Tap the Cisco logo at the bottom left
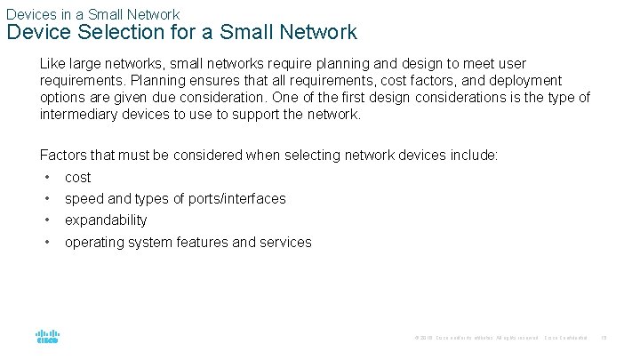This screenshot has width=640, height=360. point(47,337)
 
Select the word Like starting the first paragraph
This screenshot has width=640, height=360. point(52,64)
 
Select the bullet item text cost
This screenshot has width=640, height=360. point(78,178)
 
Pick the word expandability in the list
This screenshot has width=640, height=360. point(106,220)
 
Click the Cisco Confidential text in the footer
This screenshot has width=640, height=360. point(565,338)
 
